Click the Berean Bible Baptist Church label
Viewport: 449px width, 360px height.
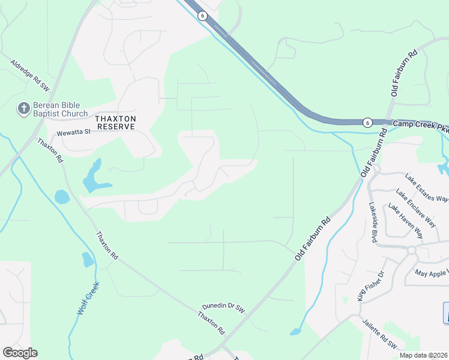click(60, 109)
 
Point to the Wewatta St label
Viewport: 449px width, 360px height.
click(73, 133)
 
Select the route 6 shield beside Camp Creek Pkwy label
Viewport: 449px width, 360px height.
click(367, 122)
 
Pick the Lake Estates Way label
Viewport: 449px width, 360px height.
click(426, 188)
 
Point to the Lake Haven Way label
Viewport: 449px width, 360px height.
click(405, 221)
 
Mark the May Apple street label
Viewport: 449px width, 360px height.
click(432, 273)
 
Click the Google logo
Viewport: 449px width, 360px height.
click(20, 353)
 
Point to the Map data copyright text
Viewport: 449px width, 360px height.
click(423, 355)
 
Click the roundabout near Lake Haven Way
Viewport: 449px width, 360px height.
click(412, 250)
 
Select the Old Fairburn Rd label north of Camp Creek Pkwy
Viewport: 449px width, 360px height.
click(403, 74)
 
